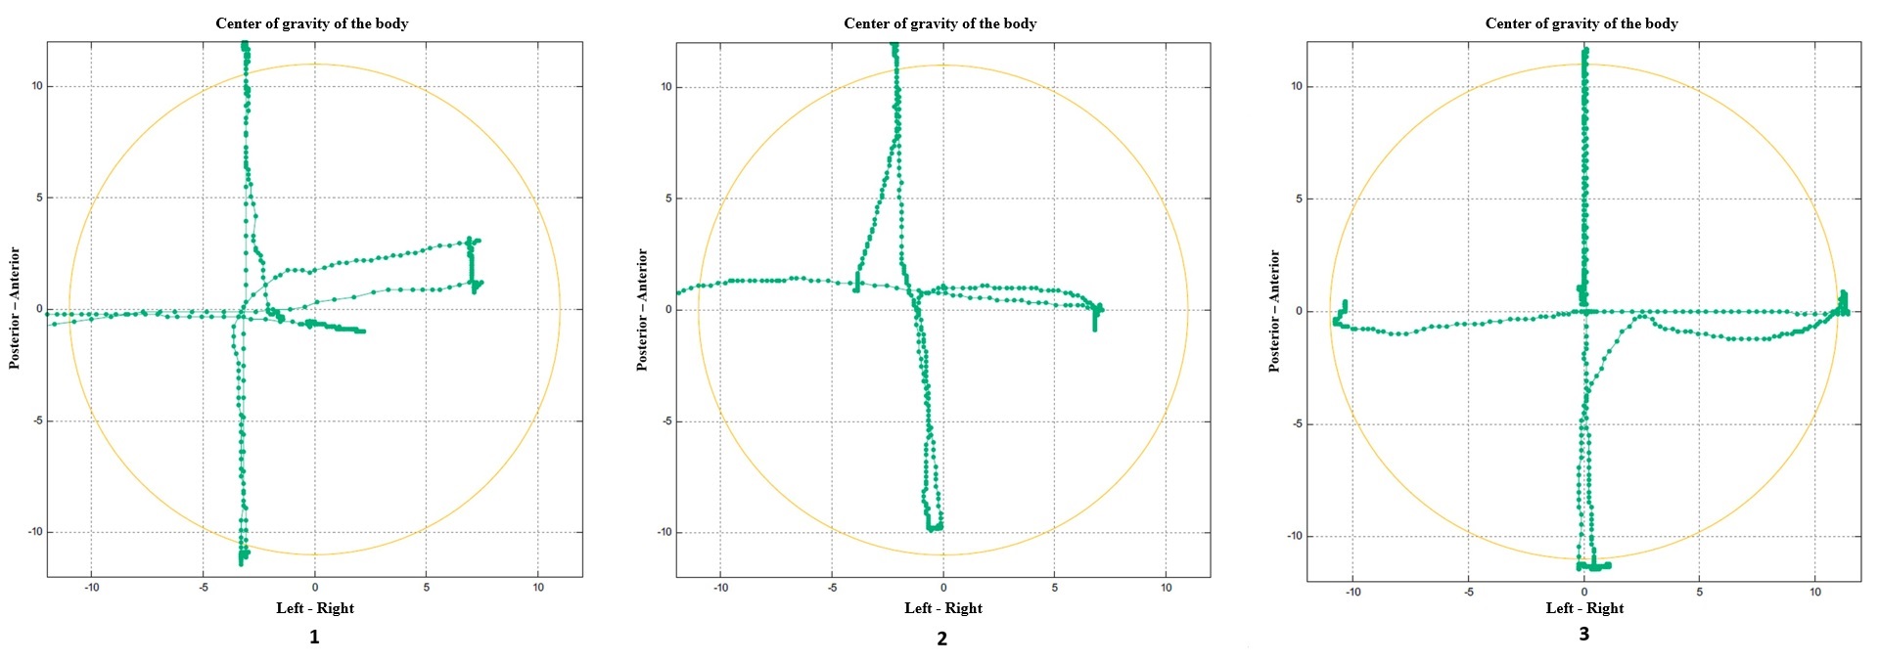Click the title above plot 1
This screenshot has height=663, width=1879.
pos(311,23)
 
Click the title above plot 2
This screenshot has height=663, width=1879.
pos(939,23)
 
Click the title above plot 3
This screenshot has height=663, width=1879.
pos(1581,23)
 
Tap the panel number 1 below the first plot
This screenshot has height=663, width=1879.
pos(314,637)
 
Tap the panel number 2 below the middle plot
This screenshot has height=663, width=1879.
pos(941,639)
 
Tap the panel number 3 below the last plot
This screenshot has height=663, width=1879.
pos(1583,634)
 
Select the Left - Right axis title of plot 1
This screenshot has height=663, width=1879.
pos(315,608)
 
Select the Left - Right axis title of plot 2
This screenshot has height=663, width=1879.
pos(943,608)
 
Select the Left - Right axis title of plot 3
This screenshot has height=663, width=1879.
pos(1584,608)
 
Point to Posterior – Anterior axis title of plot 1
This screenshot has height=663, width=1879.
pos(15,309)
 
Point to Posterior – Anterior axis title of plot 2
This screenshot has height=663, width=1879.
pos(642,310)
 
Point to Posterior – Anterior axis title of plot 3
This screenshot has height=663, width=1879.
pos(1274,311)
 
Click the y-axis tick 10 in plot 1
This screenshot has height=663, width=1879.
pos(36,86)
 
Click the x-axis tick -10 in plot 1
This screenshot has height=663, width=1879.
pos(92,588)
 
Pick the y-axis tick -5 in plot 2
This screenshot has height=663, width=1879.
pos(665,421)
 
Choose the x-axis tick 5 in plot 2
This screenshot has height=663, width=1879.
pos(1055,588)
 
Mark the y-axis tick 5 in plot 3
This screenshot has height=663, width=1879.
pos(1299,199)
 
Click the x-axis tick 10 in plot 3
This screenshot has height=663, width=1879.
pos(1815,593)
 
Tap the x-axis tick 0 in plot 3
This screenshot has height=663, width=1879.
pos(1584,593)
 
